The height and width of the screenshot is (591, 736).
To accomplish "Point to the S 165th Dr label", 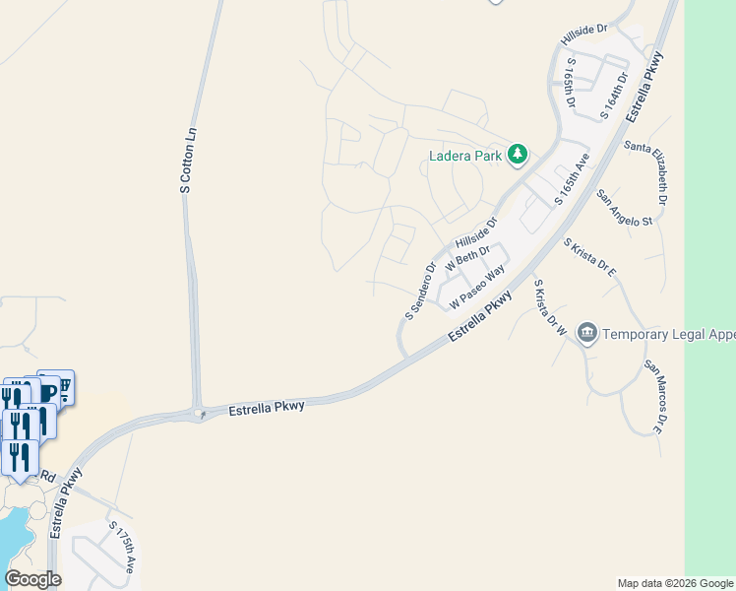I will click(571, 81).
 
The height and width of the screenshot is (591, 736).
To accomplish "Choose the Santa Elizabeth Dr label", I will click(649, 173).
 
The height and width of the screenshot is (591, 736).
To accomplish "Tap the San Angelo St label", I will click(625, 207).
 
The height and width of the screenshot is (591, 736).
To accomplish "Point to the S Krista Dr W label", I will click(549, 309).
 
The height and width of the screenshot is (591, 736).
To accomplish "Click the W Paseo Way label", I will click(477, 286).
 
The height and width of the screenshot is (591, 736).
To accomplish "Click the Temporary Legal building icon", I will click(587, 333).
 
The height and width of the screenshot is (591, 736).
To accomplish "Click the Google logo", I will click(33, 579).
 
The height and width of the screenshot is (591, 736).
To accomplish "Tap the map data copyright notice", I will click(674, 583).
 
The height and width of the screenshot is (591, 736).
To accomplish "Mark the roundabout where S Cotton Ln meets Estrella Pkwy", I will click(201, 414).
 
